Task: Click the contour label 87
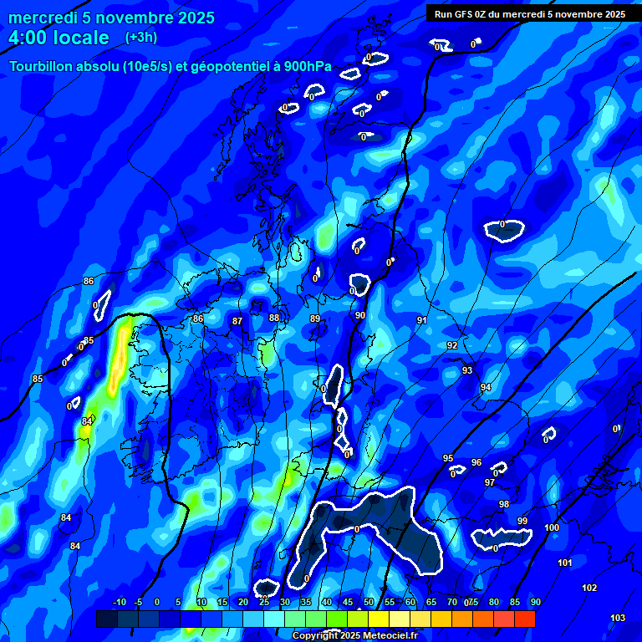pos(237,321)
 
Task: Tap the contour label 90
pos(360,315)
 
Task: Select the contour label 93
pos(467,370)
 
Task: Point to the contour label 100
pos(552,527)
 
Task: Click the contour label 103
pos(618,618)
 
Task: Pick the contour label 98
pos(504,504)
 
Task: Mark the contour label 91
pos(422,320)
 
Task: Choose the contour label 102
pos(589,588)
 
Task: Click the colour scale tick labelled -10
pos(119,602)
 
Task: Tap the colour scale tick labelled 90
pos(535,602)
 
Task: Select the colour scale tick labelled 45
pos(348,602)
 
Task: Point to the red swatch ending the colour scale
pos(525,619)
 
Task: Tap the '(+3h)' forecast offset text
pos(140,37)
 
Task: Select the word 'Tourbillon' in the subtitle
pos(43,67)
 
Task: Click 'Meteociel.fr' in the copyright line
pos(387,636)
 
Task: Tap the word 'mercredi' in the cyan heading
pos(39,18)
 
